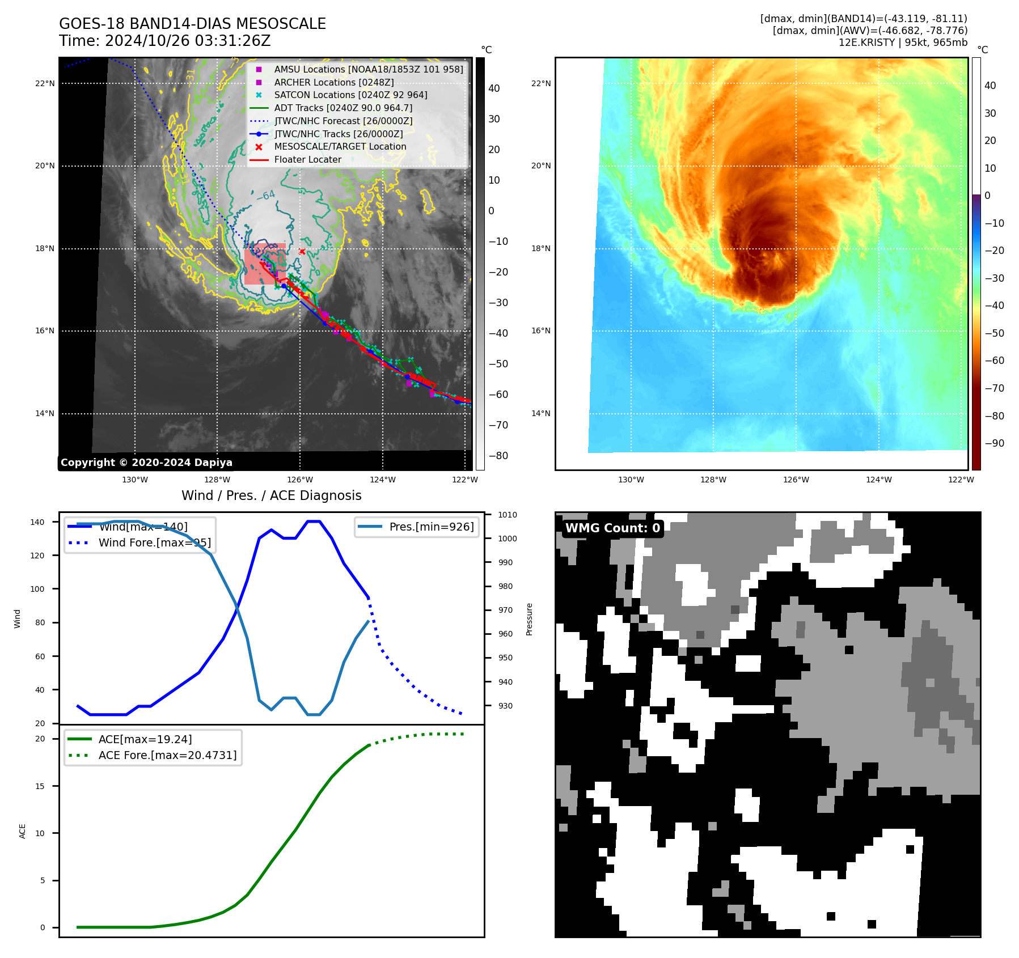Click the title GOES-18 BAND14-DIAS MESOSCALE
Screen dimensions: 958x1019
192,24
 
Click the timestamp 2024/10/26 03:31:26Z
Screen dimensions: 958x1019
187,41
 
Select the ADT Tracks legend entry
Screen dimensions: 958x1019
343,108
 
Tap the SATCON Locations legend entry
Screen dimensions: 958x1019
350,95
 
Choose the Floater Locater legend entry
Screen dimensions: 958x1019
307,160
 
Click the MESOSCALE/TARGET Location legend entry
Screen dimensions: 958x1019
340,147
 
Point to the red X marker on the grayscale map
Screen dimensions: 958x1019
302,252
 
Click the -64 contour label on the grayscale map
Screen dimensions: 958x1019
265,196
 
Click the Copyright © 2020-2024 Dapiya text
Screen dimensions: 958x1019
146,463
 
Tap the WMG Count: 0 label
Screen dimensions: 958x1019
612,528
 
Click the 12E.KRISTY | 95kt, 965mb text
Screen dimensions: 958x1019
903,43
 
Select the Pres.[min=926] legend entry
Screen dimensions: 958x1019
431,527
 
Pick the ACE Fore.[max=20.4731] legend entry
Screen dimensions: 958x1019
167,755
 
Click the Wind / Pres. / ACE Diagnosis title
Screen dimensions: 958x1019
271,495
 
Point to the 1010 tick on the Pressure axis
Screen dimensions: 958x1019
508,515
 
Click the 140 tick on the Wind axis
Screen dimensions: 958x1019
37,522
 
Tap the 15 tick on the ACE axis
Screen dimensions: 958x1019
40,786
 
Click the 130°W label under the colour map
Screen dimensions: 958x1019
631,480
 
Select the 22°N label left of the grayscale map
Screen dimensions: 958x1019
45,84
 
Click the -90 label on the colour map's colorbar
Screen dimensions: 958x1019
994,443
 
